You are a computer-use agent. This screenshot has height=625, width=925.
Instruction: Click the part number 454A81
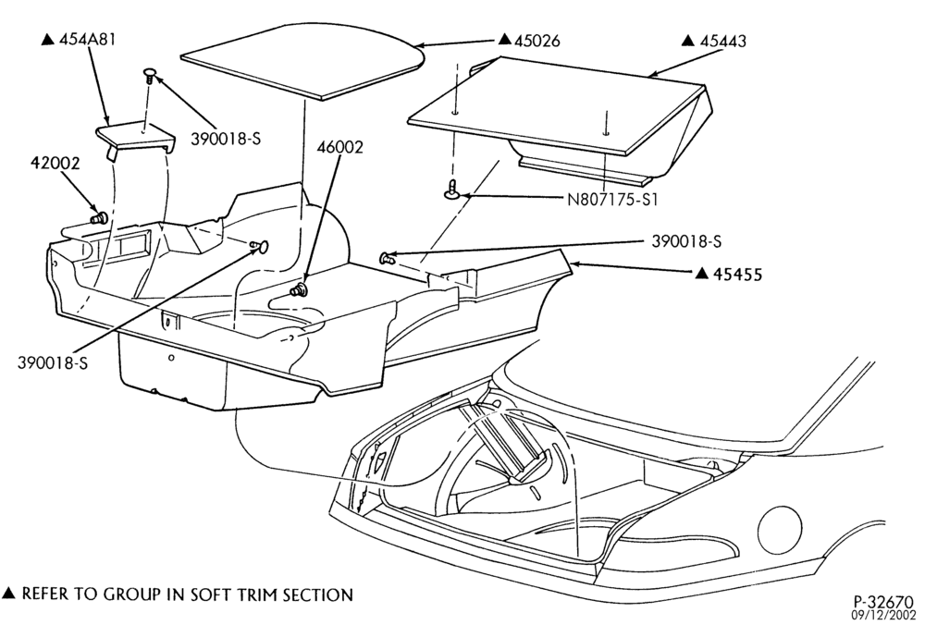pos(88,40)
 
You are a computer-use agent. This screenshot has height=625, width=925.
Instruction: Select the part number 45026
pos(537,41)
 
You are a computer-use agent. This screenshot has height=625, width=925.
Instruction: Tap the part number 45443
pos(723,42)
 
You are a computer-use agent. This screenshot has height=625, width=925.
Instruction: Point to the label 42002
pos(55,163)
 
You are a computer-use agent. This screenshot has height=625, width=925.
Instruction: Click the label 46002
pos(339,147)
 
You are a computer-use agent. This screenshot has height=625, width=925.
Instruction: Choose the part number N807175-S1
pos(612,200)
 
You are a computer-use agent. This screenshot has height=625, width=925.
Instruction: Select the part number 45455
pos(737,275)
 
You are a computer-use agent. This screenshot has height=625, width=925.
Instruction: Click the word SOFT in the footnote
pos(210,594)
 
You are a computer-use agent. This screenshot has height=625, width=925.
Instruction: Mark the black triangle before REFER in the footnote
pos(9,593)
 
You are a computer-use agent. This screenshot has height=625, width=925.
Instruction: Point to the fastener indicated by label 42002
pos(99,218)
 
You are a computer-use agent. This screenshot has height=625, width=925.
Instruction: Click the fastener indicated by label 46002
pos(302,289)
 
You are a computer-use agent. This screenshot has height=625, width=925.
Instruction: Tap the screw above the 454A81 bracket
pos(150,76)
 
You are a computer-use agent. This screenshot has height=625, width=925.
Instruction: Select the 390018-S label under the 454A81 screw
pos(226,140)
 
